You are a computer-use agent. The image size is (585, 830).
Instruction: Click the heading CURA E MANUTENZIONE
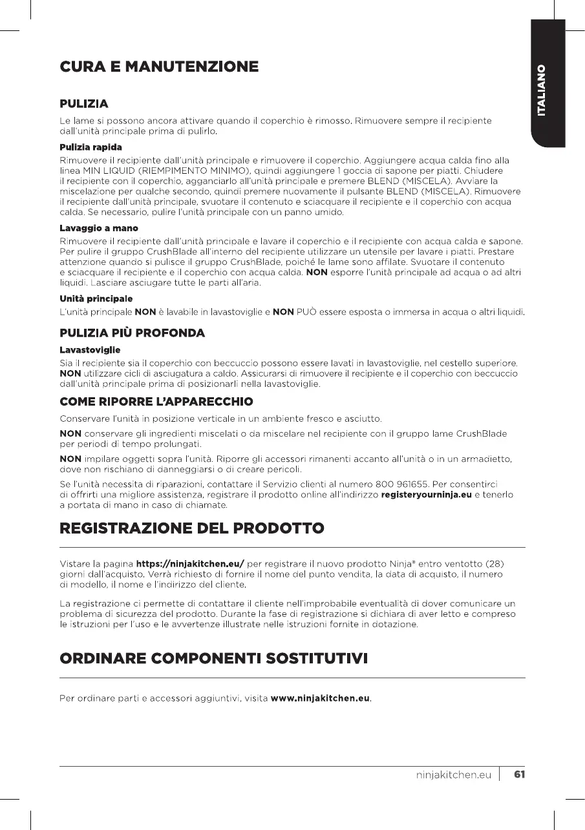pos(159,67)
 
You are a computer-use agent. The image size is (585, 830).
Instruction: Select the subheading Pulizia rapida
pos(90,147)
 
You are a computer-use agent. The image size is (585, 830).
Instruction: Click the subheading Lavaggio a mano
pos(98,228)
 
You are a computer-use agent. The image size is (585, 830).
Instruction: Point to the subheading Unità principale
pos(96,299)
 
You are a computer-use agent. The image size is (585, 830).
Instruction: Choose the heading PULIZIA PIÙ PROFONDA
pos(132,333)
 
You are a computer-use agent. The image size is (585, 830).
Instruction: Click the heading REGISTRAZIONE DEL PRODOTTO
pos(191,530)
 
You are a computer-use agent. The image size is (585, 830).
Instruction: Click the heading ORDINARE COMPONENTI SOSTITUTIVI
pos(213,659)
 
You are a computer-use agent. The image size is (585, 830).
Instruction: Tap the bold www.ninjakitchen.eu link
pos(320,698)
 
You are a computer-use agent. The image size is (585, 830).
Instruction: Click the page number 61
pos(518,774)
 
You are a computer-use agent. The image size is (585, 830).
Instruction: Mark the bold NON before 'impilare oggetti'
pos(70,459)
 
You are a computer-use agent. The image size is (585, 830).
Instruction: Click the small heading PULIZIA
pos(83,104)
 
